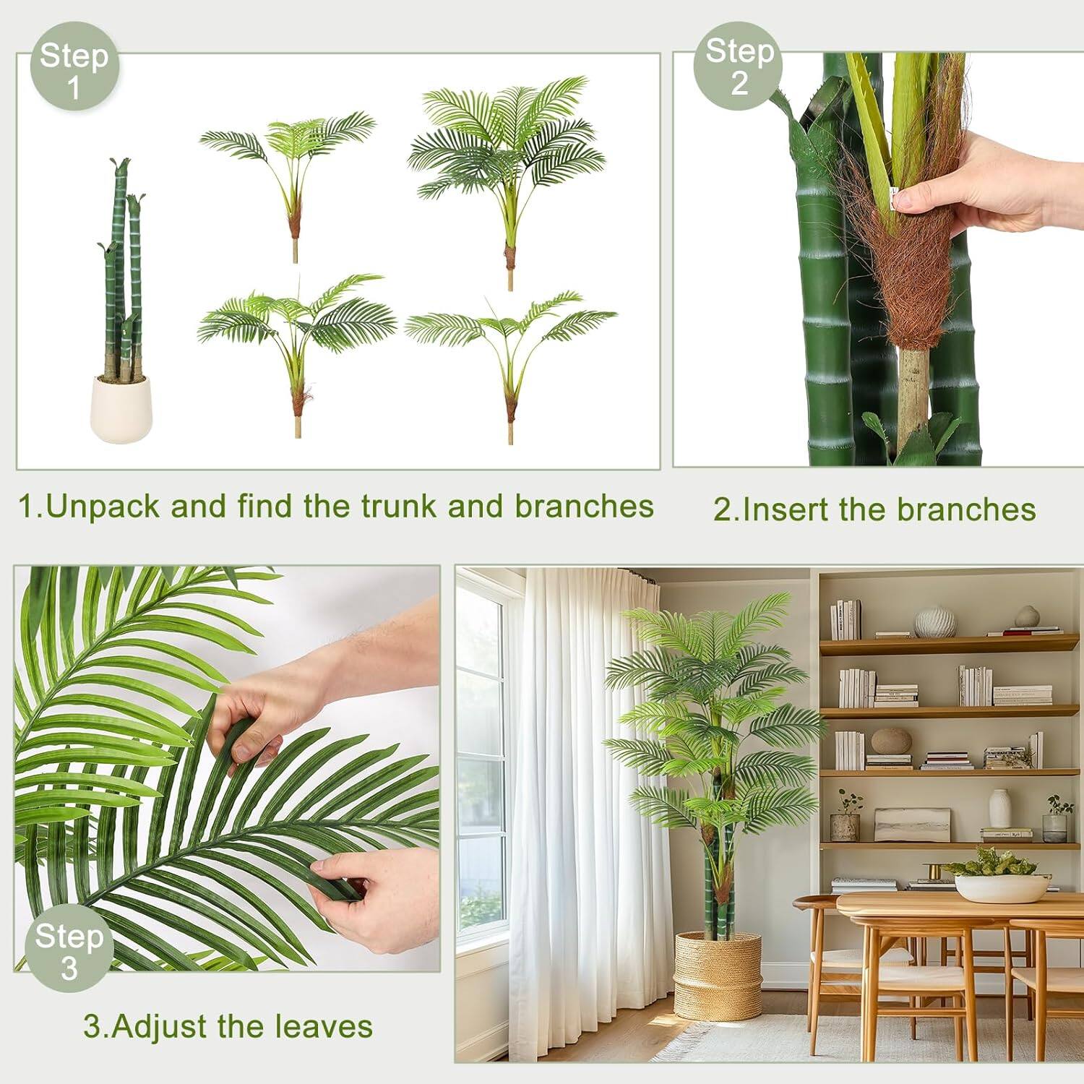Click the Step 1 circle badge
click(74, 66)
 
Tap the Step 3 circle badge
click(69, 948)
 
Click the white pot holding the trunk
click(121, 409)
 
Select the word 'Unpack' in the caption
click(103, 507)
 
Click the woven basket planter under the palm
click(718, 976)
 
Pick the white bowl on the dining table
click(1002, 887)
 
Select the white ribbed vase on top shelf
click(935, 622)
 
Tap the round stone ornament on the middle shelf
click(891, 741)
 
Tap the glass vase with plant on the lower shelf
click(1056, 824)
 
